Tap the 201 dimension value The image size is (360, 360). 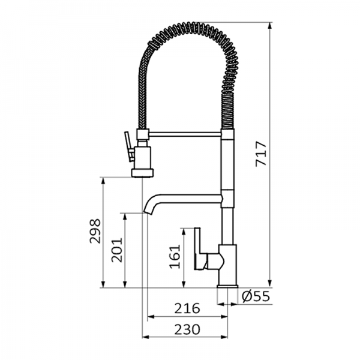117,249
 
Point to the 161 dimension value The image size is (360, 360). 175,256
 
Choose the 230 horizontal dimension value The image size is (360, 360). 186,329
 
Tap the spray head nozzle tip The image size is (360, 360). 142,173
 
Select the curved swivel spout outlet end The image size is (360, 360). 146,210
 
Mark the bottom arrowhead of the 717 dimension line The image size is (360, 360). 271,284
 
